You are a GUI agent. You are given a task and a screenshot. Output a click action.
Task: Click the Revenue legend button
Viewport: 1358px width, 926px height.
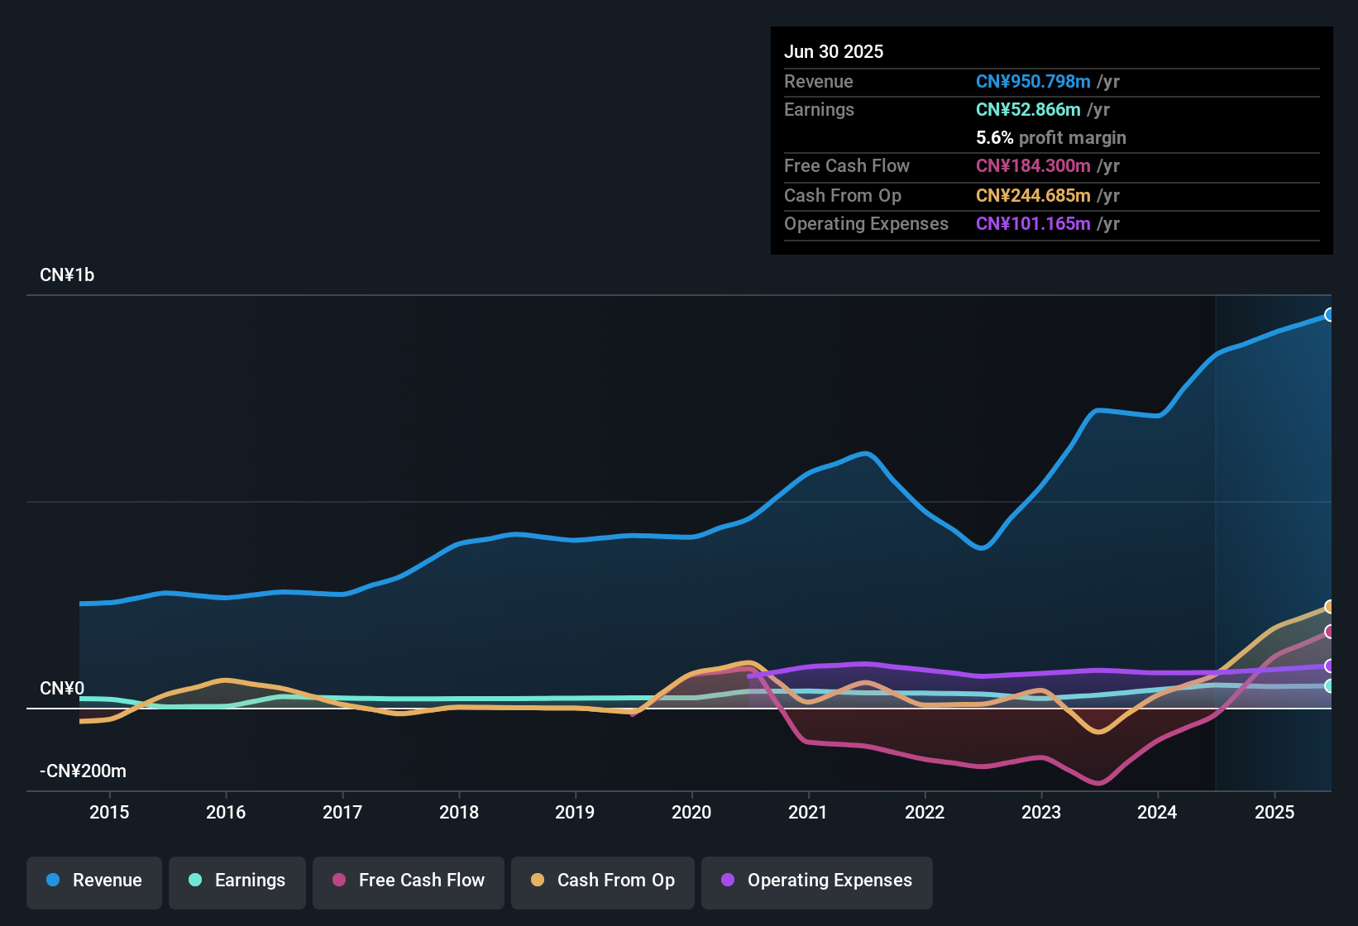click(94, 881)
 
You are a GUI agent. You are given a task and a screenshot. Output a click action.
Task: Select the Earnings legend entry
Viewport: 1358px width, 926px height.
click(237, 881)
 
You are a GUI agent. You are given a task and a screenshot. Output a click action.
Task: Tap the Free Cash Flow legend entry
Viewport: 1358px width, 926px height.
click(409, 881)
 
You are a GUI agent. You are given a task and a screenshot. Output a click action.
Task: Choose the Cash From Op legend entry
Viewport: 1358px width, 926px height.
click(603, 881)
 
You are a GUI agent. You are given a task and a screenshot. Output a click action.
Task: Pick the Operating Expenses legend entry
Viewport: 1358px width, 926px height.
click(817, 881)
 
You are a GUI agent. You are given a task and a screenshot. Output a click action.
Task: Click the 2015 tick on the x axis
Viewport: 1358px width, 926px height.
click(109, 812)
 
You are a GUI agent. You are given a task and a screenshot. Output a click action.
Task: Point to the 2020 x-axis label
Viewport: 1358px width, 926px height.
click(691, 812)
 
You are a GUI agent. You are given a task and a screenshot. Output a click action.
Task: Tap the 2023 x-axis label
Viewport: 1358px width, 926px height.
click(1041, 812)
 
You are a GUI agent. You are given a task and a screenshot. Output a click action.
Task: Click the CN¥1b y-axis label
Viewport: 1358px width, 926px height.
click(67, 275)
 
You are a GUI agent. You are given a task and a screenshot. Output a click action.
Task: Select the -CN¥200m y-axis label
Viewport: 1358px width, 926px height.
click(83, 771)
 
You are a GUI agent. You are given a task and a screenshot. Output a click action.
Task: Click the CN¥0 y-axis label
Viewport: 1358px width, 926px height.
click(62, 689)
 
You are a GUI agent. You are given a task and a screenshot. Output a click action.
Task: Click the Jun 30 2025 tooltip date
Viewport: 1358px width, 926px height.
click(834, 51)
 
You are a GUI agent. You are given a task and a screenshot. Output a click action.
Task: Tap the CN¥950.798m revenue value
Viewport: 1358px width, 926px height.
click(1033, 81)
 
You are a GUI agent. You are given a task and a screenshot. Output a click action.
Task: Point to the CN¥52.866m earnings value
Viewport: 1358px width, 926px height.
click(1028, 109)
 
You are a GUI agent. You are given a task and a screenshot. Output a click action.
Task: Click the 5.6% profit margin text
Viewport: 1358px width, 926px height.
click(1051, 137)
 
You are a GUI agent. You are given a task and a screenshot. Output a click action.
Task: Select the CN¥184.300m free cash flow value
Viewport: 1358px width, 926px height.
click(1033, 165)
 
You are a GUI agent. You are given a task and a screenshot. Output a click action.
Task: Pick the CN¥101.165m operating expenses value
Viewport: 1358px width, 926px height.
click(1033, 223)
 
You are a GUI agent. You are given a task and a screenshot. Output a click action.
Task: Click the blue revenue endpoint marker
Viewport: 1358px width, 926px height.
click(1329, 314)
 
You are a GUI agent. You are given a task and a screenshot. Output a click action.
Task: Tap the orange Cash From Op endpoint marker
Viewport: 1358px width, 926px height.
click(1329, 607)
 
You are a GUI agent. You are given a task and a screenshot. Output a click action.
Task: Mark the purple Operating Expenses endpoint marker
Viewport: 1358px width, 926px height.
click(1329, 666)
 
